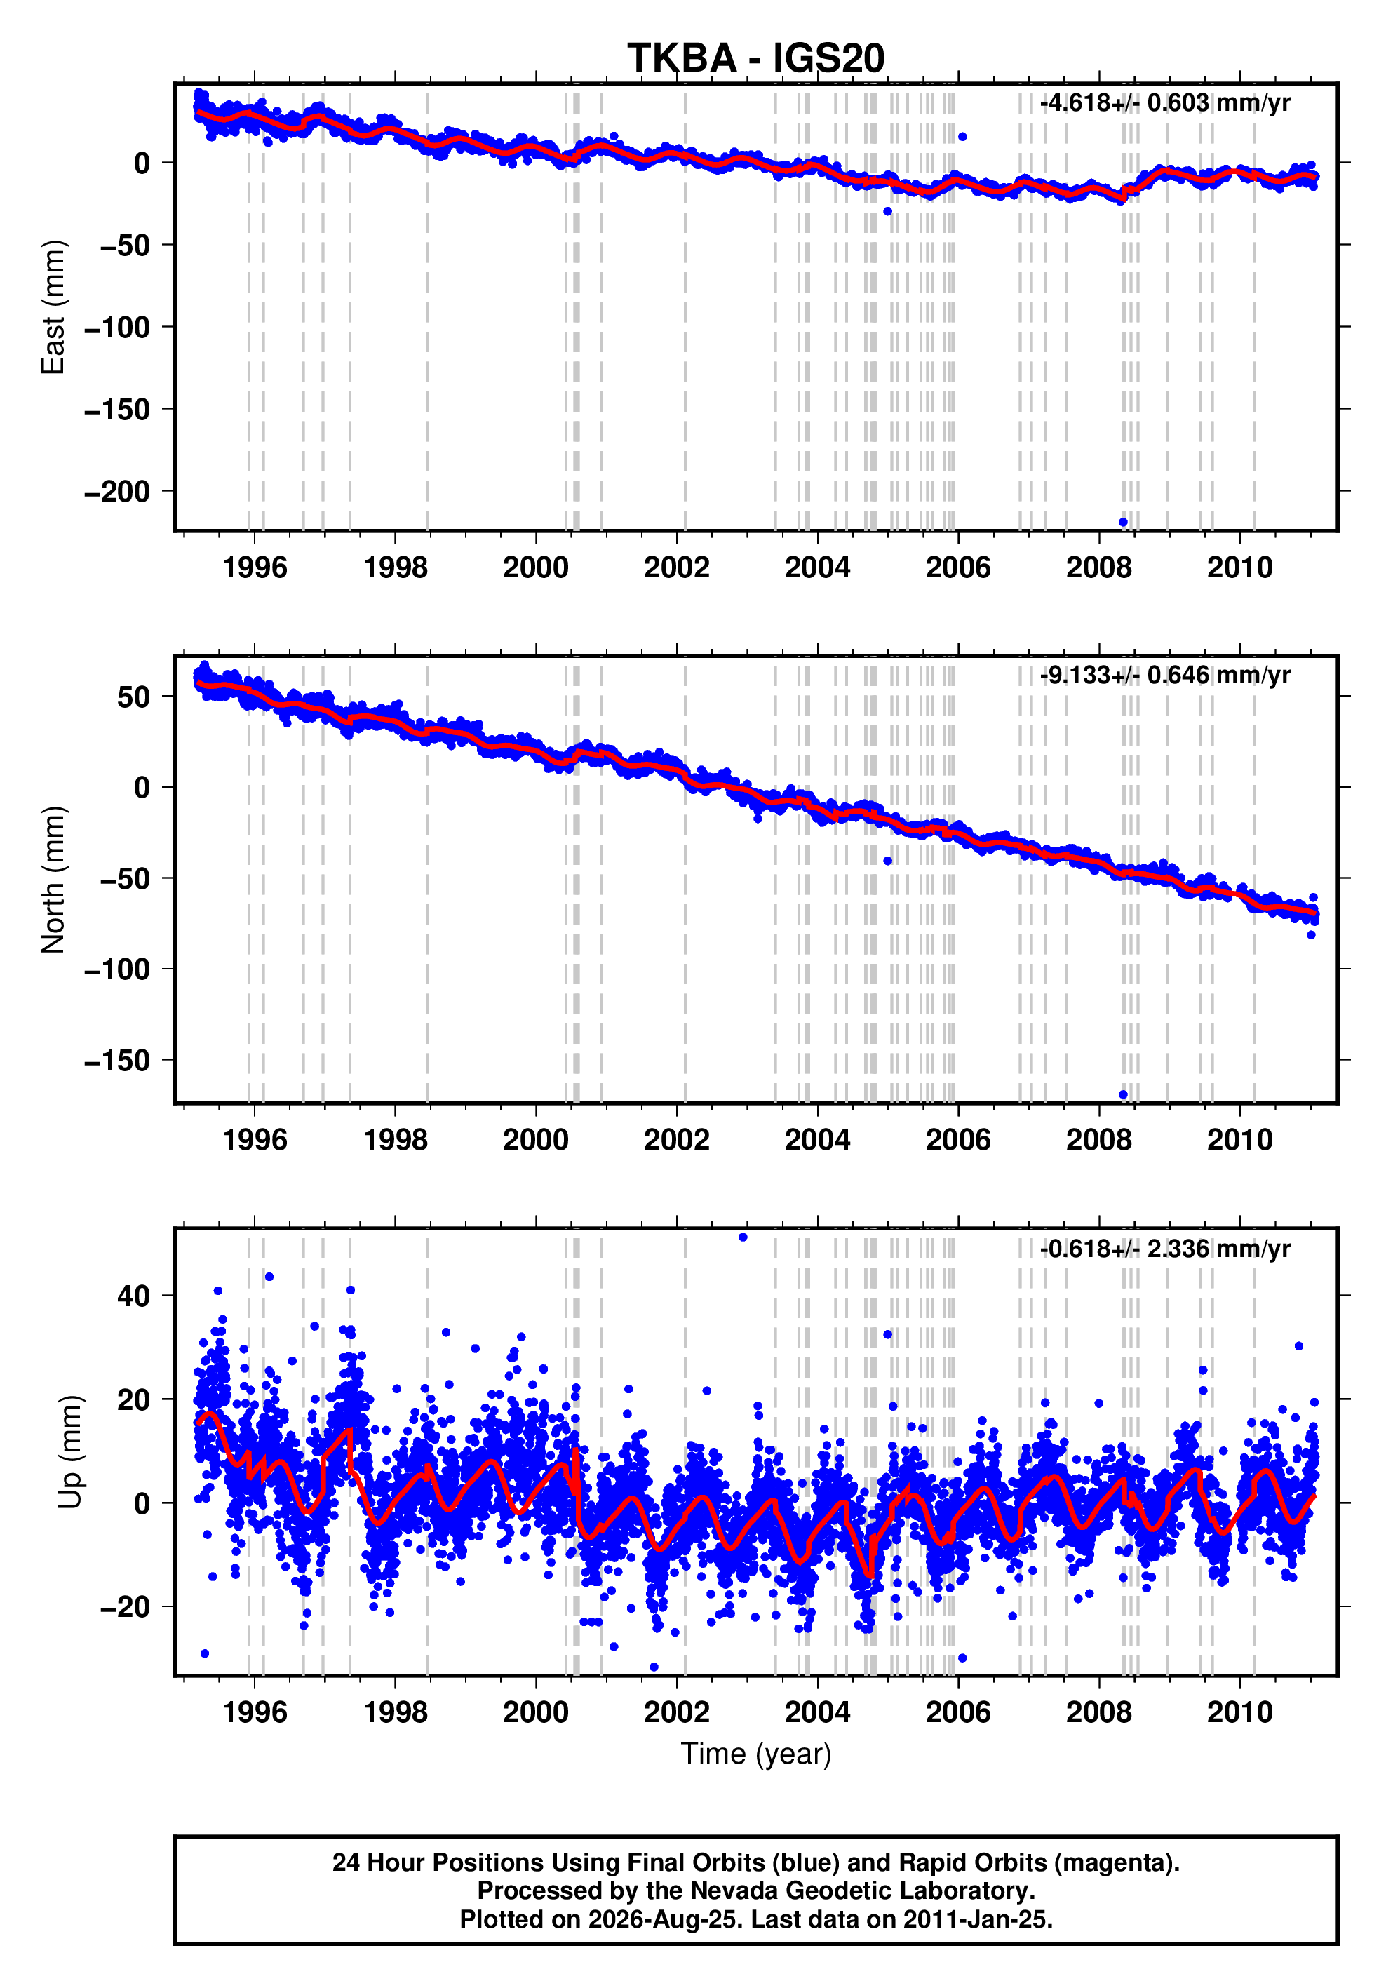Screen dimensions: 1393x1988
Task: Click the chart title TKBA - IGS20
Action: point(756,58)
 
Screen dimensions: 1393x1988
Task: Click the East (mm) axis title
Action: point(54,307)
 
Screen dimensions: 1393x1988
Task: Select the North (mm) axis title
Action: point(54,880)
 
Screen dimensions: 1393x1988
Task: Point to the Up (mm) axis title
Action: point(71,1452)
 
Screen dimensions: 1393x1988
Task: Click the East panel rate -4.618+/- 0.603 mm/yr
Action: point(1165,103)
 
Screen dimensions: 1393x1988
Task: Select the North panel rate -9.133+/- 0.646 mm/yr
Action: point(1165,676)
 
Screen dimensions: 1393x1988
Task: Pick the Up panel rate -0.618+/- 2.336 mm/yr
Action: point(1165,1249)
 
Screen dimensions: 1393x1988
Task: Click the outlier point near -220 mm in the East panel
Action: point(1124,522)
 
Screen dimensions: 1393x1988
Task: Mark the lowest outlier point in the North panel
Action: point(1124,1094)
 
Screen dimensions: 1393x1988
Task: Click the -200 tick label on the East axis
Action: point(118,492)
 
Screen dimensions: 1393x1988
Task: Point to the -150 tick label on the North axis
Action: point(118,1061)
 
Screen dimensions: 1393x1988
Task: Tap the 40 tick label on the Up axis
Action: point(134,1296)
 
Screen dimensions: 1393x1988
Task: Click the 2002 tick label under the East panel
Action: point(677,568)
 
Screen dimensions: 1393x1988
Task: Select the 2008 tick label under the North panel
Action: point(1100,1141)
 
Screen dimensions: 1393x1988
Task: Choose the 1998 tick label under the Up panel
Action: point(396,1712)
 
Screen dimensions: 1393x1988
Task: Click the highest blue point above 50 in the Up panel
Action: point(743,1237)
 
